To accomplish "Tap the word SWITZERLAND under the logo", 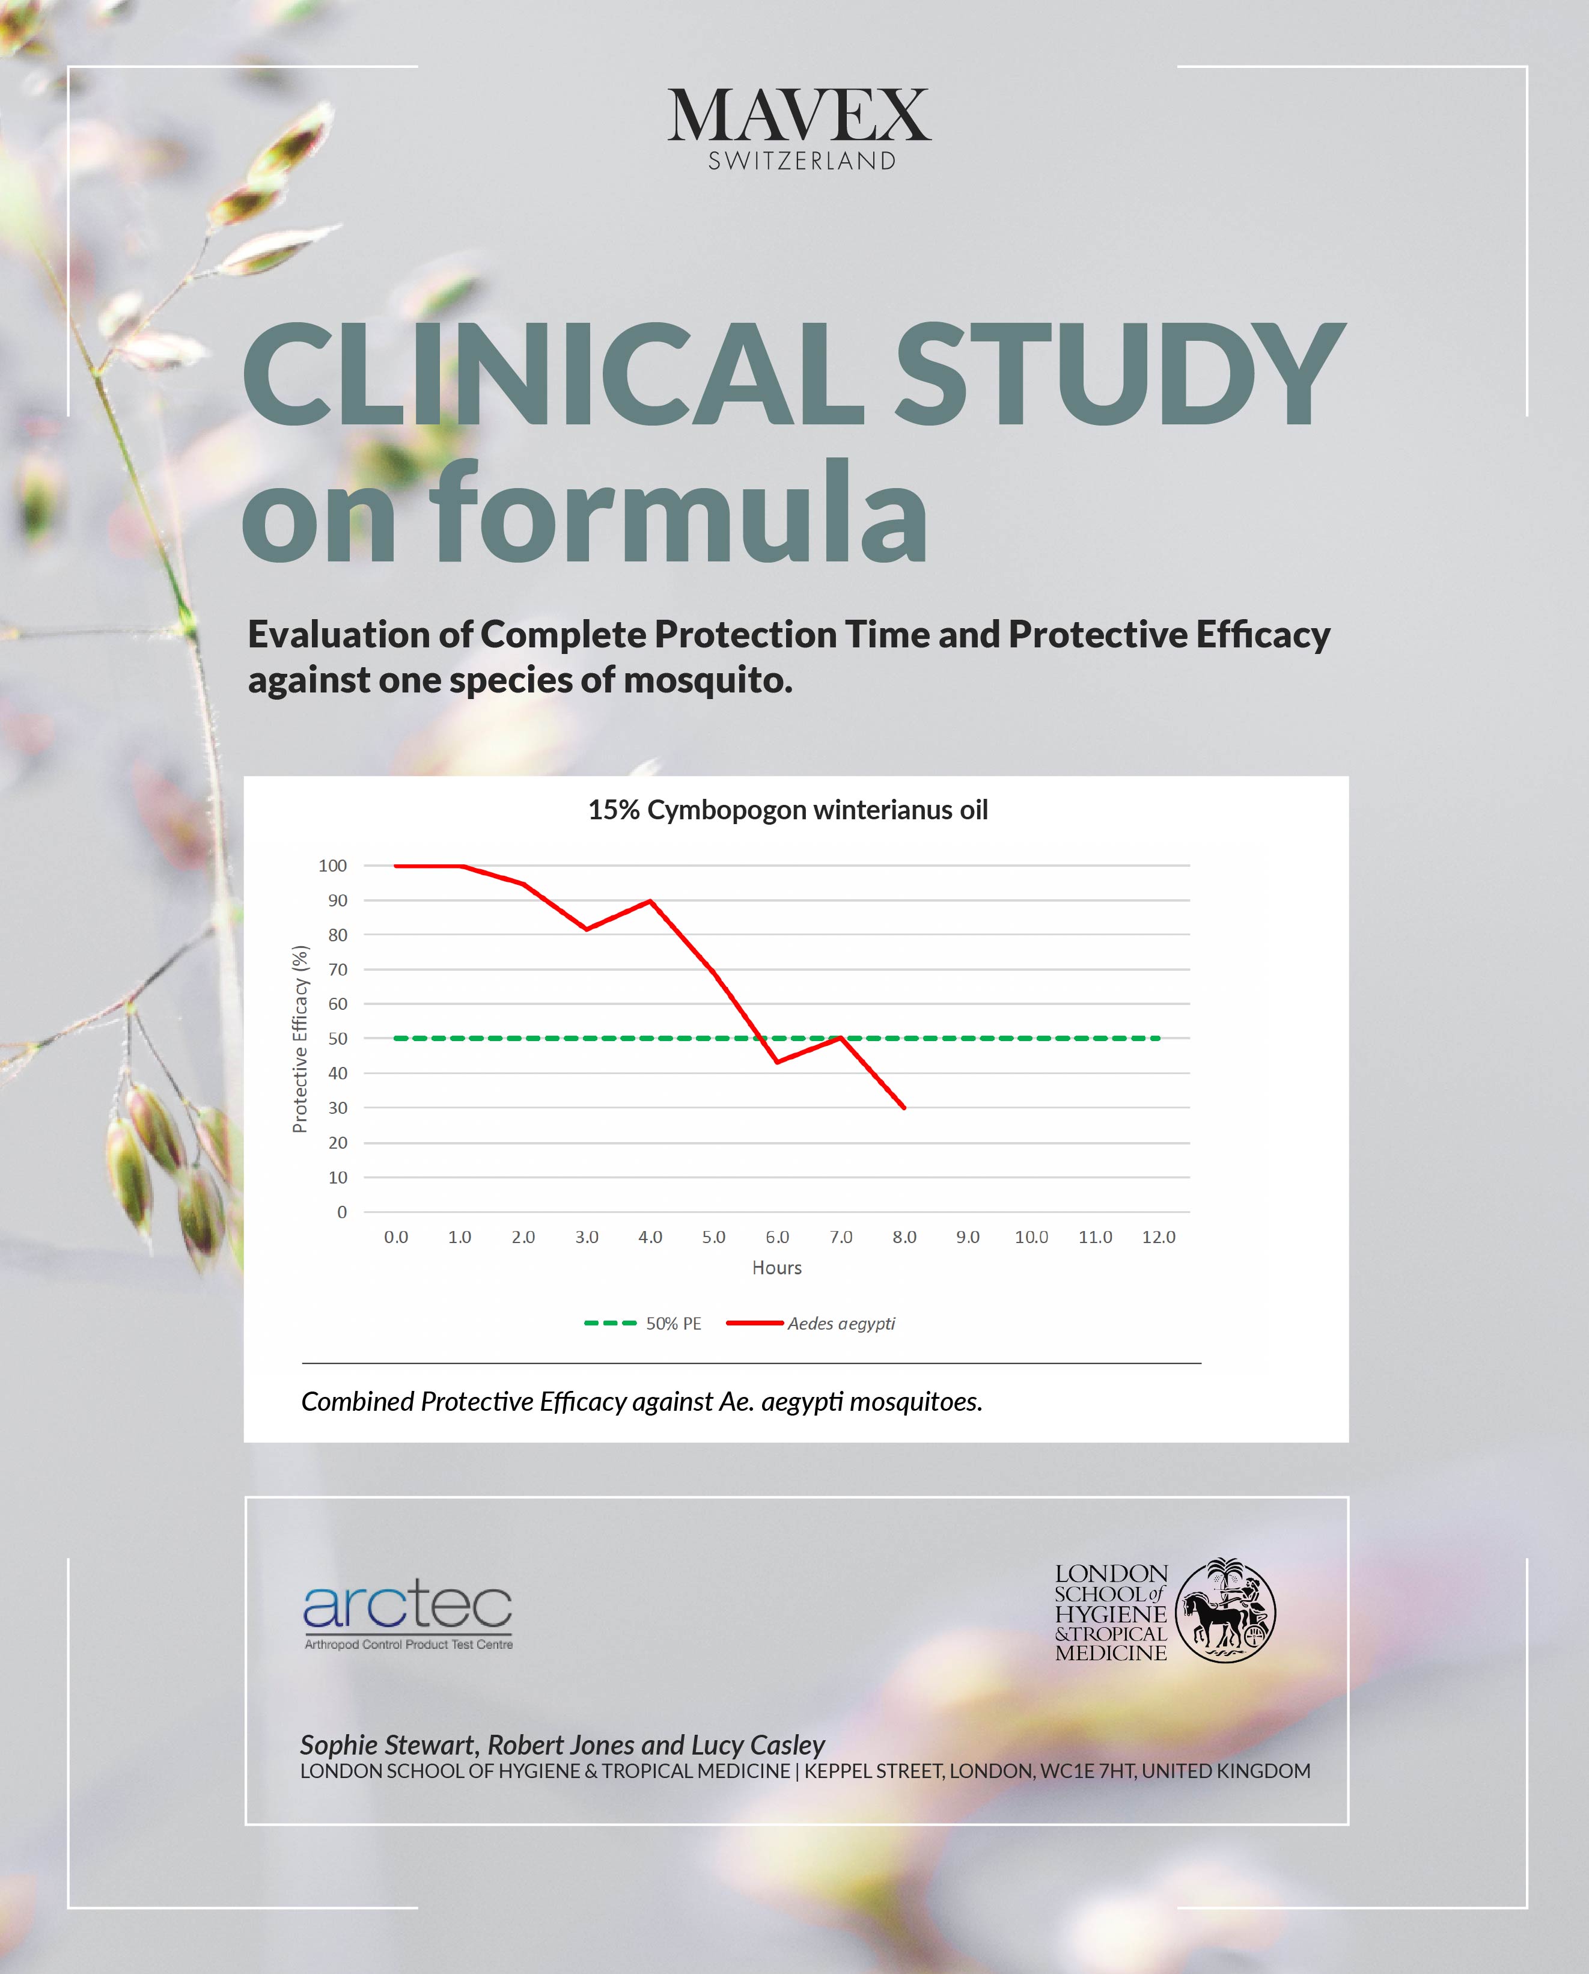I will (x=802, y=161).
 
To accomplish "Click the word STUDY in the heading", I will (x=1118, y=376).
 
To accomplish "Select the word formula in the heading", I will (x=679, y=513).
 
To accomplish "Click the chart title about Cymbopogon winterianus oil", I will (x=787, y=810).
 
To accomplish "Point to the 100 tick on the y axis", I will (x=332, y=865).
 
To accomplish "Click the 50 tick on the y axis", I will (x=338, y=1038).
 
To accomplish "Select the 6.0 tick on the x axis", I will (x=777, y=1237).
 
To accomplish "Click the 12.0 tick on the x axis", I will (x=1158, y=1237).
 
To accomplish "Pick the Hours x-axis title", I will (x=776, y=1268).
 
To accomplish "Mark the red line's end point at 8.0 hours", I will (x=904, y=1108).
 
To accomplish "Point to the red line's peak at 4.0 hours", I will (x=650, y=901).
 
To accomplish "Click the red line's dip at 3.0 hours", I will (x=587, y=929).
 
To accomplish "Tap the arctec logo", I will (x=407, y=1615).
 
